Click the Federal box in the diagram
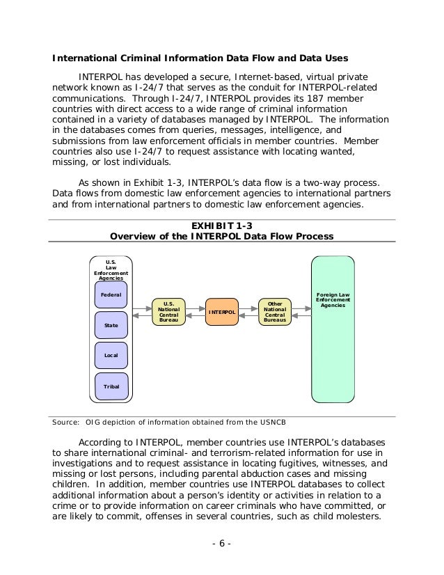coord(111,295)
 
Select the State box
coord(111,325)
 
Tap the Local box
coord(111,355)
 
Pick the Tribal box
coord(111,385)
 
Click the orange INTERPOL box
coord(222,313)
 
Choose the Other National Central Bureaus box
coord(275,313)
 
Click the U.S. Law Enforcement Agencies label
coord(111,269)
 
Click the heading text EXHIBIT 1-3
coord(221,225)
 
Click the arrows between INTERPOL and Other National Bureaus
coord(248,313)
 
